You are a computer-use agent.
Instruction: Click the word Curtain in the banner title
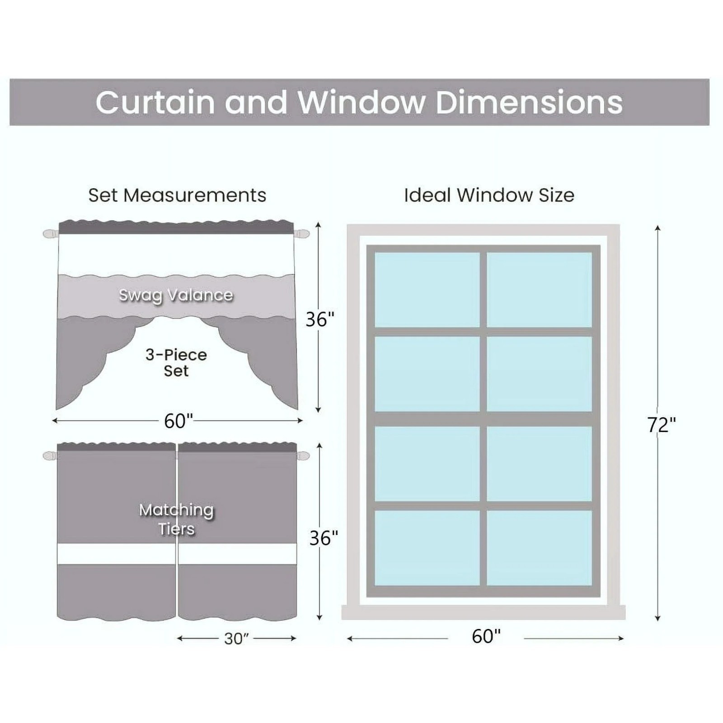click(155, 103)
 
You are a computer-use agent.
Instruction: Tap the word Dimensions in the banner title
click(529, 103)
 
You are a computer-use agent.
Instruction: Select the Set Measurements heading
click(177, 195)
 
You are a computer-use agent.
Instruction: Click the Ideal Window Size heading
click(489, 195)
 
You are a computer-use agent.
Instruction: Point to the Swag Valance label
click(176, 295)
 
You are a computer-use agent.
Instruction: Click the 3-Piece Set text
click(176, 362)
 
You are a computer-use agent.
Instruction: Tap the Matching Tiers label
click(176, 519)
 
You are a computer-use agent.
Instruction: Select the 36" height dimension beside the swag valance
click(320, 319)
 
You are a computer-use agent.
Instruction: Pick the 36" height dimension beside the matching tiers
click(324, 538)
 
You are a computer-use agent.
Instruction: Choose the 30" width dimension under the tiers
click(236, 638)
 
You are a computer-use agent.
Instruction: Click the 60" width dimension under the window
click(486, 636)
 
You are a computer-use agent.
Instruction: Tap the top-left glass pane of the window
click(427, 289)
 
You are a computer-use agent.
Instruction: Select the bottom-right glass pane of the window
click(539, 548)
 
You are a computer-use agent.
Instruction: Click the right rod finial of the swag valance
click(302, 234)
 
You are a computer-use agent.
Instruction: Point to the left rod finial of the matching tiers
click(50, 456)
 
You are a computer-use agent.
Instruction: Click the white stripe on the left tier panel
click(116, 554)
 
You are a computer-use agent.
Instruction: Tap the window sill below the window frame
click(483, 612)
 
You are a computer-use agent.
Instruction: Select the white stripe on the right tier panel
click(237, 554)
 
